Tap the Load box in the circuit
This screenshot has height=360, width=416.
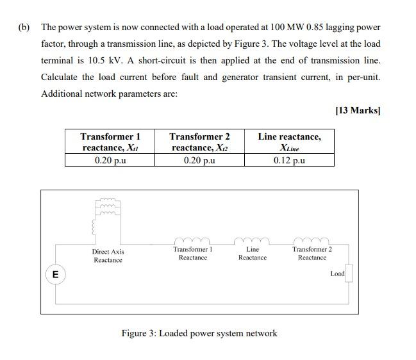[348, 274]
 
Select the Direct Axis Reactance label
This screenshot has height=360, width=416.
[108, 256]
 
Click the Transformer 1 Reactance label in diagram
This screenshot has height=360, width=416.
[192, 253]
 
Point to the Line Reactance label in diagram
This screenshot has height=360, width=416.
[253, 253]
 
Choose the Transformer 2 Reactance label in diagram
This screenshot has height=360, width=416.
[312, 253]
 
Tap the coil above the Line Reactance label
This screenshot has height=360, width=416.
[253, 241]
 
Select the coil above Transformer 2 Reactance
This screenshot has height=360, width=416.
[312, 241]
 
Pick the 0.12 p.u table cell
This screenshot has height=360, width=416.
[289, 160]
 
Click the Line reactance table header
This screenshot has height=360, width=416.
[289, 142]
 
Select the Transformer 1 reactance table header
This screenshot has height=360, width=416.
[110, 142]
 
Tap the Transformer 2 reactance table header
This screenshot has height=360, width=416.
[199, 142]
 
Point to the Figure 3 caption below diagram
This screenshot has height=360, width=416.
[199, 333]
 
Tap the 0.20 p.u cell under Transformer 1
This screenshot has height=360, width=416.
[110, 160]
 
